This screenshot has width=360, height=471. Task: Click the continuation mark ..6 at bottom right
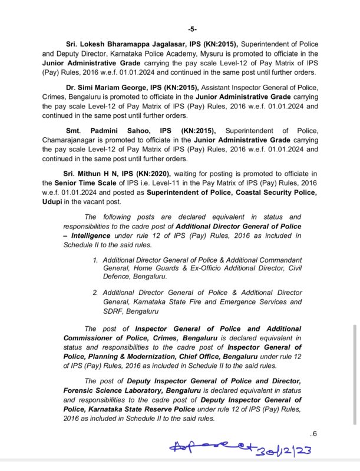[x=313, y=434]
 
